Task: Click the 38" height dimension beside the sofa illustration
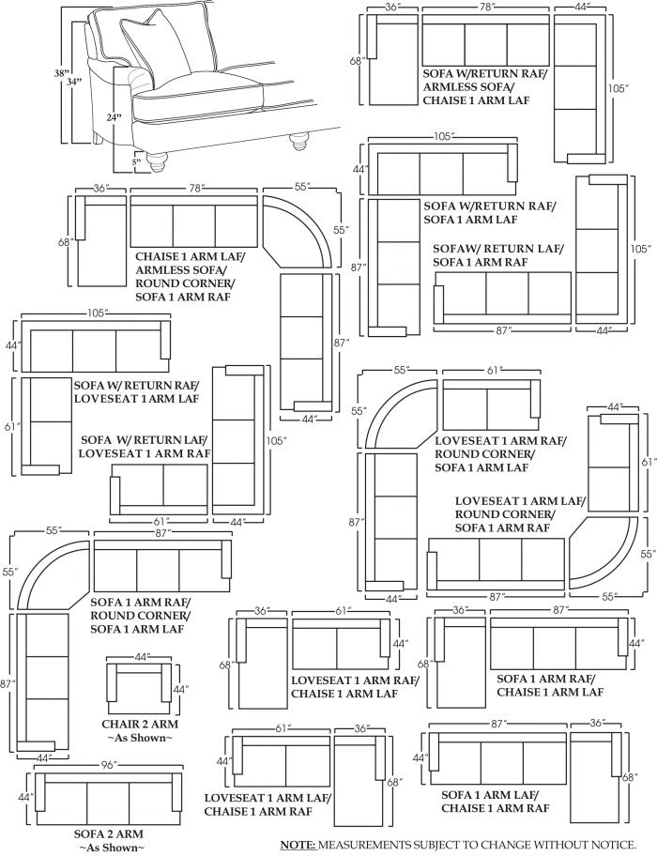pos(64,72)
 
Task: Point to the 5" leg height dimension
pos(136,161)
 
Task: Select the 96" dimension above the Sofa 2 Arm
pos(109,766)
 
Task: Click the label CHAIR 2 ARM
pos(140,725)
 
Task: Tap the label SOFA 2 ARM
pos(109,833)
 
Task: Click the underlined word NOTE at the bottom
pos(297,844)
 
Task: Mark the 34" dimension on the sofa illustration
pos(75,82)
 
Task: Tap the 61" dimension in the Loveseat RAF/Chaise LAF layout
pos(341,611)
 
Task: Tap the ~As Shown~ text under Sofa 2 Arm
pos(109,848)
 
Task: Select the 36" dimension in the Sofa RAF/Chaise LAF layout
pos(461,610)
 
